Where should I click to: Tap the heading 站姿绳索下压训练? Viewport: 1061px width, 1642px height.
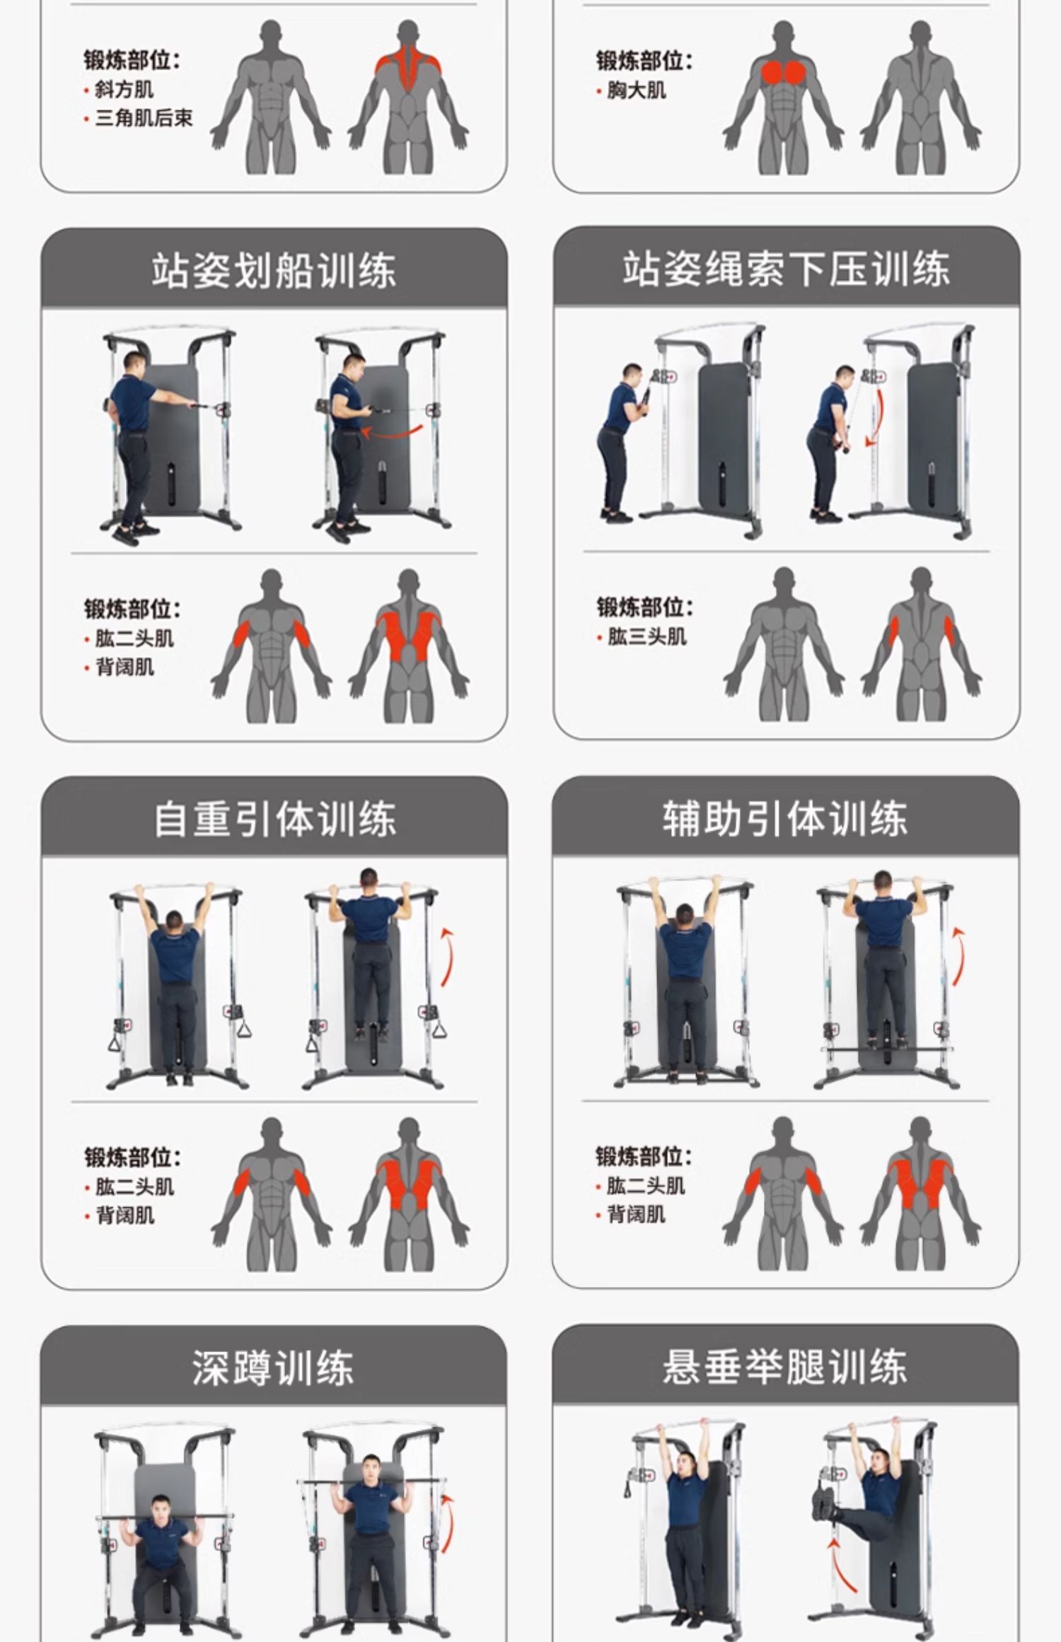click(x=786, y=269)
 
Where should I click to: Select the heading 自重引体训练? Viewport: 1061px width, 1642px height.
click(x=275, y=819)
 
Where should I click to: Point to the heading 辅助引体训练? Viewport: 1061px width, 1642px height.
click(x=785, y=818)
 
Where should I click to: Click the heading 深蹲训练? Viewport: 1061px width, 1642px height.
click(x=273, y=1367)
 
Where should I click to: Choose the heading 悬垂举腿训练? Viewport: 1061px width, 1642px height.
click(x=785, y=1366)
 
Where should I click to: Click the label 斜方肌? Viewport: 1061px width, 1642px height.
click(x=124, y=90)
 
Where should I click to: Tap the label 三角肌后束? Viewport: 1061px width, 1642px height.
click(x=144, y=118)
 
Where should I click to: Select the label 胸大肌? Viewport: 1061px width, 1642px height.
click(x=636, y=91)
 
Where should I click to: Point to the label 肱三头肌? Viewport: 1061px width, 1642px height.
click(x=647, y=636)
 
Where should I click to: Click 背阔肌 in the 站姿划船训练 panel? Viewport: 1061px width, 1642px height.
click(x=124, y=667)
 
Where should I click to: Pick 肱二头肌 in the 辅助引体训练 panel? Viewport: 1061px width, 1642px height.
click(x=645, y=1185)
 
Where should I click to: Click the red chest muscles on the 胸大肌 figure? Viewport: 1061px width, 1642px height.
click(x=784, y=72)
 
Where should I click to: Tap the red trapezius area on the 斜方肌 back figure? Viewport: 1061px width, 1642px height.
click(x=408, y=68)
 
